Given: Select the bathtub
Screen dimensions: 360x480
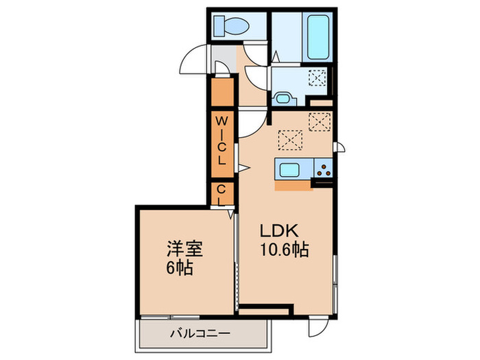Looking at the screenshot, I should point(319,34).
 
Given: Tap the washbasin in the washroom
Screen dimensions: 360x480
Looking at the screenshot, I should point(282,97).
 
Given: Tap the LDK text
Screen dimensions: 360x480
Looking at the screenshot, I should point(276,231).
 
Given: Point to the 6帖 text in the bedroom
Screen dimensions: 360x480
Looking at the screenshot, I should point(179,266).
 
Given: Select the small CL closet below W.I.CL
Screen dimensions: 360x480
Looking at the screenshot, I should point(222,193).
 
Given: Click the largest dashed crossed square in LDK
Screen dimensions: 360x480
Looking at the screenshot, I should point(290,140).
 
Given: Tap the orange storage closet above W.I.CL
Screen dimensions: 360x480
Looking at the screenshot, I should point(222,92).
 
